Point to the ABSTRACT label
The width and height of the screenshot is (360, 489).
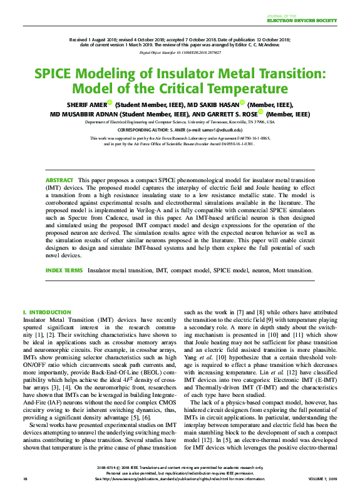pos(59,180)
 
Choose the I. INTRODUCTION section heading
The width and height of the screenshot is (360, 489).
pos(46,312)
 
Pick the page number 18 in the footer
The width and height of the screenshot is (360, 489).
pos(25,479)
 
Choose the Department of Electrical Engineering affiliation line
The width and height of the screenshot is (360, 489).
pos(180,123)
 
